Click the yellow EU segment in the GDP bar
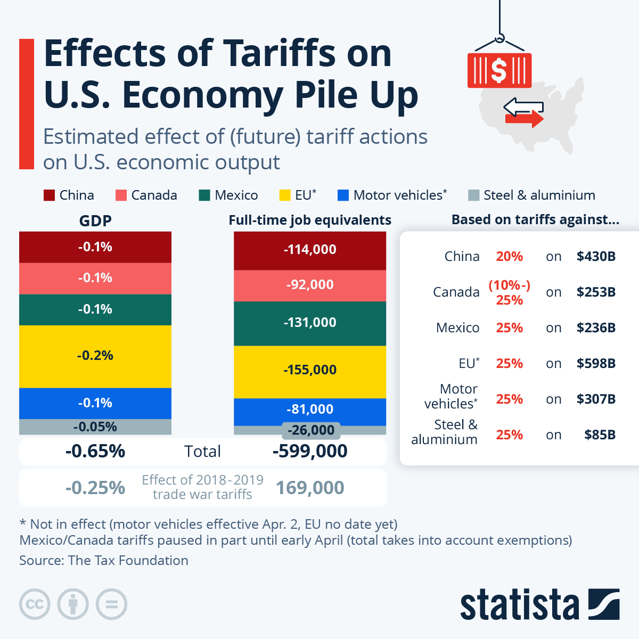point(95,356)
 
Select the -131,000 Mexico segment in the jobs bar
point(310,323)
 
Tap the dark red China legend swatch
point(49,195)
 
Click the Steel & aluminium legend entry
point(531,195)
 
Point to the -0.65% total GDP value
point(95,452)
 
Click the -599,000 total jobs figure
point(310,452)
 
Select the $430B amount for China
point(596,257)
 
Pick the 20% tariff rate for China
point(510,257)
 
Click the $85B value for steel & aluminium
point(600,435)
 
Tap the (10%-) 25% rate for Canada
point(510,292)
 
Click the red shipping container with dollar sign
point(499,70)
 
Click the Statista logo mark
point(603,604)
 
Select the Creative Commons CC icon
point(35,604)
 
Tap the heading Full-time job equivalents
point(310,220)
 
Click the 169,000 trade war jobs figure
point(310,488)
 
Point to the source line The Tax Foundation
point(104,561)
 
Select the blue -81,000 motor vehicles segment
point(310,410)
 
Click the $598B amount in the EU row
point(596,364)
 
